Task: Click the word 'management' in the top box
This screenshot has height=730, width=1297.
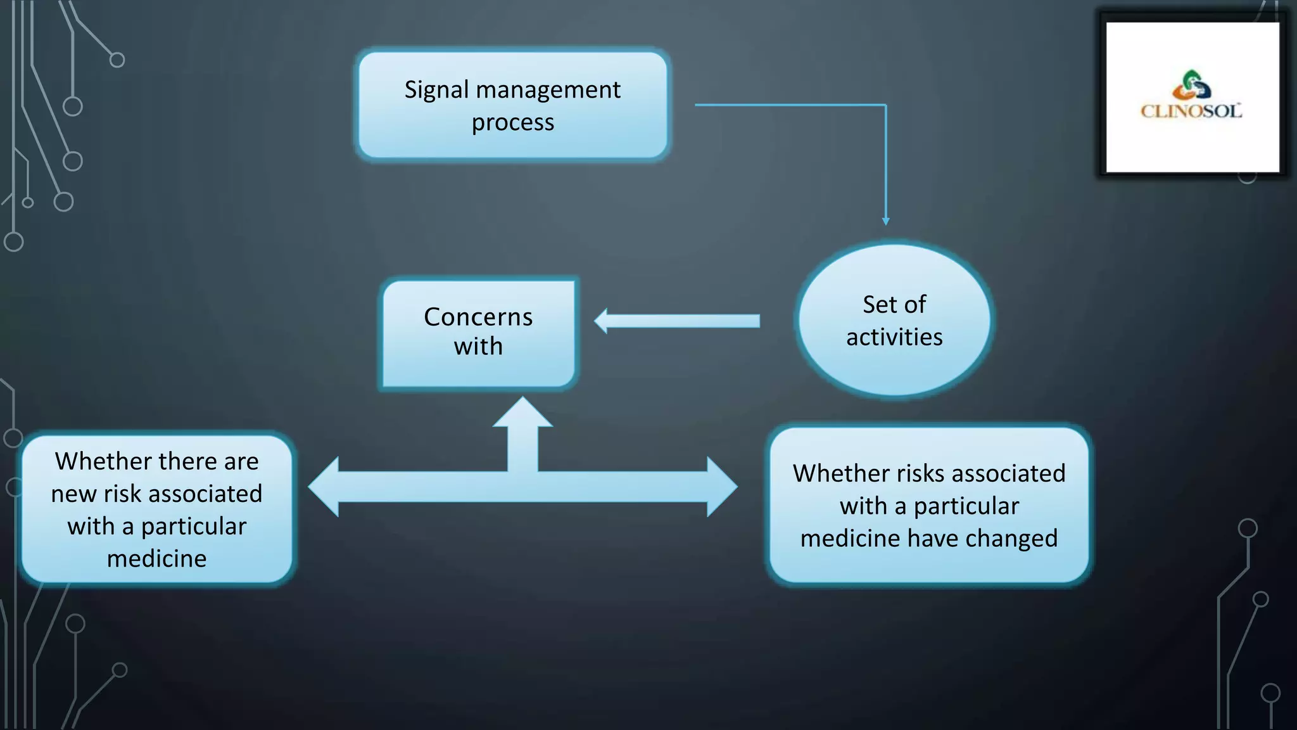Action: point(548,90)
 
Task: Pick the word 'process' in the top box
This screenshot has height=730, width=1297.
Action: point(512,122)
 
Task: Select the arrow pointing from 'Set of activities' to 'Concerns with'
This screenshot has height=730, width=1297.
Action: point(678,321)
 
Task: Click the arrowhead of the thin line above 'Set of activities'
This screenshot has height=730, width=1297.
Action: point(885,221)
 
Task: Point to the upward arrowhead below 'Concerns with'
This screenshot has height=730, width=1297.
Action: point(522,412)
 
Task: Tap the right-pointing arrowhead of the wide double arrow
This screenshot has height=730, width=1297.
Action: point(722,487)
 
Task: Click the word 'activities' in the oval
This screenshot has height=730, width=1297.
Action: point(894,337)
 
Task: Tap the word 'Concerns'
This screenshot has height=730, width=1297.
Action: point(478,317)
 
